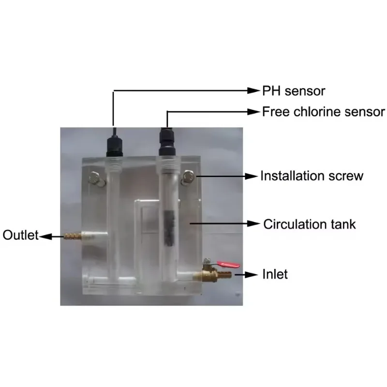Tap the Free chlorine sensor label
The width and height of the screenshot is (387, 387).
point(324,112)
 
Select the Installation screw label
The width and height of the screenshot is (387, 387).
point(312,176)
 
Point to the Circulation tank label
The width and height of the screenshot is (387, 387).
point(310,224)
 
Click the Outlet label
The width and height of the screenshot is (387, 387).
point(20,236)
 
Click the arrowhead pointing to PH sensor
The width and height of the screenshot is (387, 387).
point(254,90)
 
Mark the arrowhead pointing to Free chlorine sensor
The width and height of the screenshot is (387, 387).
point(254,112)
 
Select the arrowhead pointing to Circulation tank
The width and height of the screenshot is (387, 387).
point(254,223)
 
